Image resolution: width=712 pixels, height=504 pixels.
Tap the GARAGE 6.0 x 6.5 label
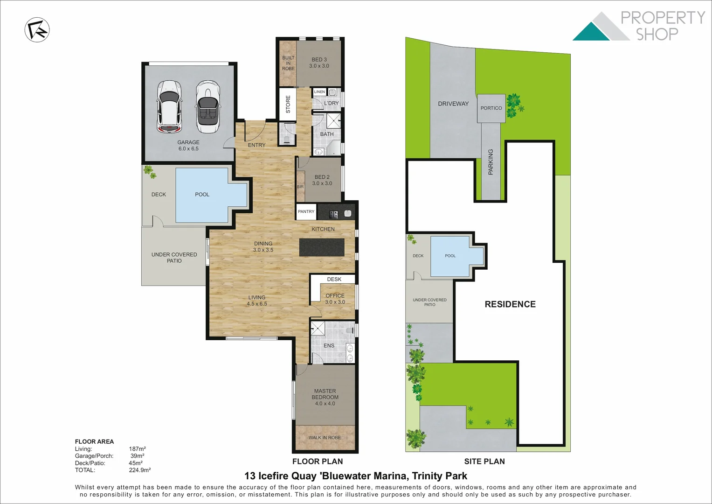(188, 146)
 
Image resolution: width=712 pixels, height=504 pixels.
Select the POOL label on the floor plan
(202, 195)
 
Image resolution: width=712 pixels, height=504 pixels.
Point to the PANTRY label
(306, 211)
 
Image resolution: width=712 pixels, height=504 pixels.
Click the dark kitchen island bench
(322, 247)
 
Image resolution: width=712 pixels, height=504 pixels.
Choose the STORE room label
(288, 104)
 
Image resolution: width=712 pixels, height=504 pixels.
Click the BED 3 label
(319, 63)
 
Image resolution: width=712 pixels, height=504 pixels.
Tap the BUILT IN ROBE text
(288, 63)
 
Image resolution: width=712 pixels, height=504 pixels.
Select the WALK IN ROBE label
(325, 438)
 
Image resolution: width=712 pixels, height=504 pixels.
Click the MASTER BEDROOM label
(325, 397)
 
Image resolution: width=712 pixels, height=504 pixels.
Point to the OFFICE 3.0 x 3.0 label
(335, 299)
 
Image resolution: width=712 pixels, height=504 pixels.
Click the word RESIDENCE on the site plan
(510, 304)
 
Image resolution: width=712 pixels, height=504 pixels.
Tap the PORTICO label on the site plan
(491, 108)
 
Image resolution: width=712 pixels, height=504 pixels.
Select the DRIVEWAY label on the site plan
(453, 104)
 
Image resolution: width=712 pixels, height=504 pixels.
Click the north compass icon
(37, 30)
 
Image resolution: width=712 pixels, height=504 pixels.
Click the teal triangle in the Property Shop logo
(591, 32)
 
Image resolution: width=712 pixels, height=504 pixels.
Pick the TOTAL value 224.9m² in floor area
(139, 470)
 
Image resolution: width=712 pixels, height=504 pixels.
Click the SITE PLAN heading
(484, 462)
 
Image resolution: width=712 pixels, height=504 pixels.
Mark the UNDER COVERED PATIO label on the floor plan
(174, 258)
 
